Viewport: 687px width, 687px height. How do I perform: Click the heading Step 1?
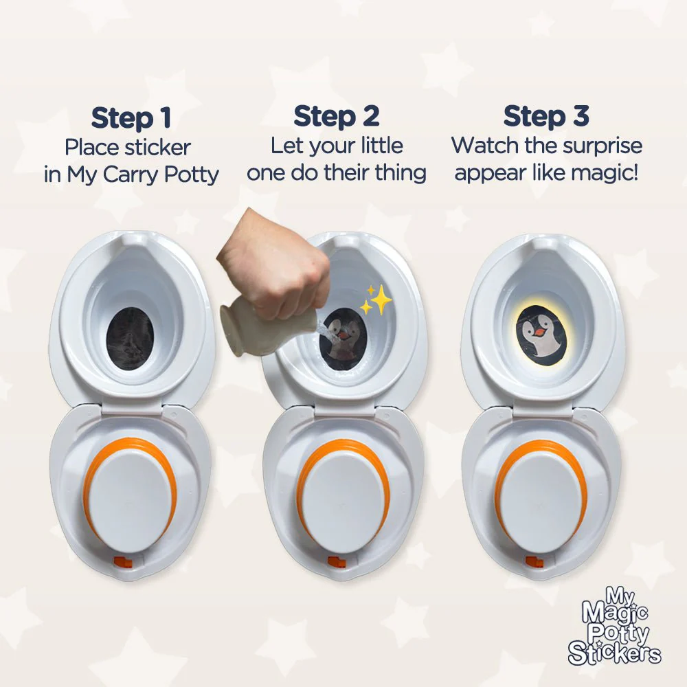[x=131, y=118]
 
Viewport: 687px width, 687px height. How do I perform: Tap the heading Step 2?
[x=336, y=117]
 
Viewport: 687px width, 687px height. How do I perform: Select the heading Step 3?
[x=546, y=117]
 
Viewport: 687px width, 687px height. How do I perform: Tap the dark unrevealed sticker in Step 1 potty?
[x=130, y=338]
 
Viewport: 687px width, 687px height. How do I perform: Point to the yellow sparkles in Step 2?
[x=376, y=300]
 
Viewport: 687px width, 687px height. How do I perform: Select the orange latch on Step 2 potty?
[x=336, y=561]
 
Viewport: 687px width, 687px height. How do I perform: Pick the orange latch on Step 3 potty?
[x=534, y=561]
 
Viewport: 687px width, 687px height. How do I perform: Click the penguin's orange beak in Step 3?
[x=541, y=332]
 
